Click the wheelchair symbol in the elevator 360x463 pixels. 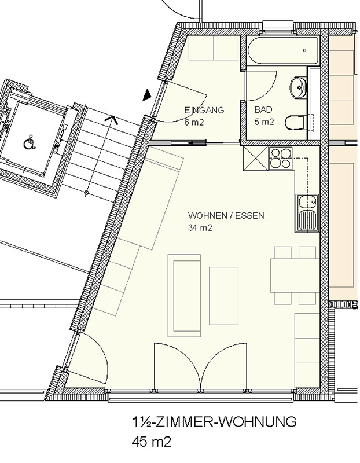pyautogui.click(x=30, y=141)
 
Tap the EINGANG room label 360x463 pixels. pyautogui.click(x=204, y=110)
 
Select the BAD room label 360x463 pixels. pyautogui.click(x=263, y=110)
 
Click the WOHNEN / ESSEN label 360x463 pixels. pyautogui.click(x=226, y=215)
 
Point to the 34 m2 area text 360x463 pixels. pyautogui.click(x=200, y=227)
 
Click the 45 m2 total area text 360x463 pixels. pyautogui.click(x=152, y=442)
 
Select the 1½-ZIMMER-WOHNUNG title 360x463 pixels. pyautogui.click(x=214, y=421)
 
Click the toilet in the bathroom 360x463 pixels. pyautogui.click(x=295, y=123)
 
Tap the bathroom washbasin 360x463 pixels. pyautogui.click(x=298, y=87)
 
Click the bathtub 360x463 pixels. pyautogui.click(x=283, y=50)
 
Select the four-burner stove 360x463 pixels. pyautogui.click(x=281, y=158)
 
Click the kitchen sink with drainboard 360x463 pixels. pyautogui.click(x=307, y=212)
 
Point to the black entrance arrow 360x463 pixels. pyautogui.click(x=147, y=95)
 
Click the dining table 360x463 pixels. pyautogui.click(x=295, y=275)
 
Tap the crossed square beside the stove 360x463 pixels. pyautogui.click(x=256, y=159)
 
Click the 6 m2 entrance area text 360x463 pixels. pyautogui.click(x=194, y=122)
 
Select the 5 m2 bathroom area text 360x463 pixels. pyautogui.click(x=265, y=122)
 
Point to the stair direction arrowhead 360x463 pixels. pyautogui.click(x=112, y=119)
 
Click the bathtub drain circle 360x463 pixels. pyautogui.click(x=305, y=50)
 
